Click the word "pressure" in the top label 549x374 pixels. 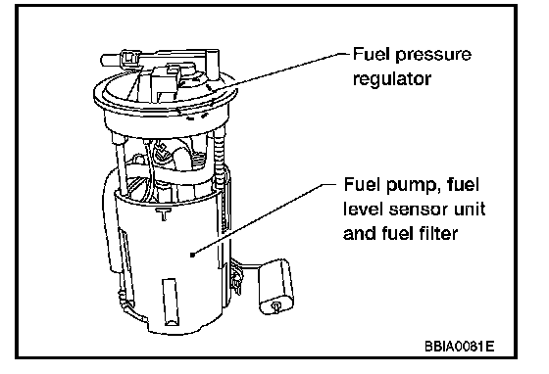tap(433, 56)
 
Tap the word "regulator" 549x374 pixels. tap(392, 79)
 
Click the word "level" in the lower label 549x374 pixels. tap(364, 209)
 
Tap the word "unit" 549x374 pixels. tap(470, 209)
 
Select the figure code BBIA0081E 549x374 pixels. tap(460, 347)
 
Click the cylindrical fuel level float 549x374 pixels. tap(275, 287)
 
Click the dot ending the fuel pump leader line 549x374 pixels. tap(192, 255)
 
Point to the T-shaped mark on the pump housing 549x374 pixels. tap(163, 213)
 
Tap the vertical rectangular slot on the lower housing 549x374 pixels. tap(171, 303)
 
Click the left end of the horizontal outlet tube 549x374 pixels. tap(103, 60)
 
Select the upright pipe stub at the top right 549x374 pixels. tap(212, 64)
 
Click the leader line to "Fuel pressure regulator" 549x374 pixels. tap(280, 71)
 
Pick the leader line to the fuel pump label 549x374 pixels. tap(264, 219)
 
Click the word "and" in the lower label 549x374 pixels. tap(359, 233)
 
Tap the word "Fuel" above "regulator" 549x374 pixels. tap(372, 55)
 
